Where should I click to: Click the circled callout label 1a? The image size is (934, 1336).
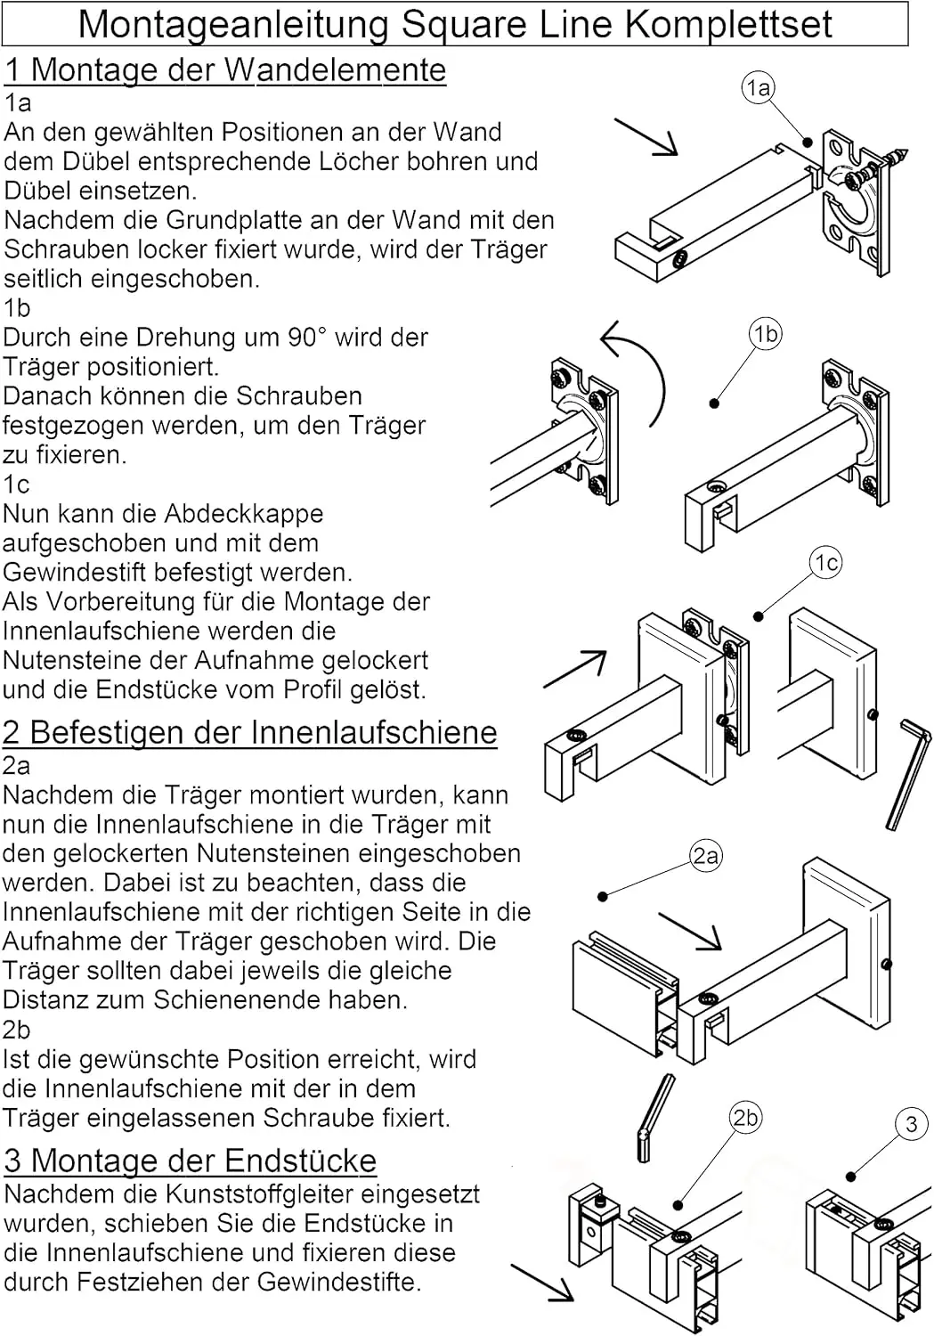(x=758, y=87)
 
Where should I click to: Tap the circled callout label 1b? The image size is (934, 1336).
(x=765, y=334)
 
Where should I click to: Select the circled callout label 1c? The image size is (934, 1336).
(x=826, y=562)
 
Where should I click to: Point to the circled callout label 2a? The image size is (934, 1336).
(x=705, y=856)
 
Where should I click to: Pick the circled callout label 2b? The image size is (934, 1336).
(x=745, y=1117)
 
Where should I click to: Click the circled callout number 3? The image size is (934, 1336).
(x=910, y=1124)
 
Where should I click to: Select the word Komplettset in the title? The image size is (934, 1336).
(x=727, y=25)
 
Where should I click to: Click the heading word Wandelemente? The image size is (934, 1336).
(x=335, y=69)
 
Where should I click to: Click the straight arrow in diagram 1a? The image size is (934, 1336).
(x=646, y=137)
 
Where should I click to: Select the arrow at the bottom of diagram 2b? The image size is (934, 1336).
(x=542, y=1283)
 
